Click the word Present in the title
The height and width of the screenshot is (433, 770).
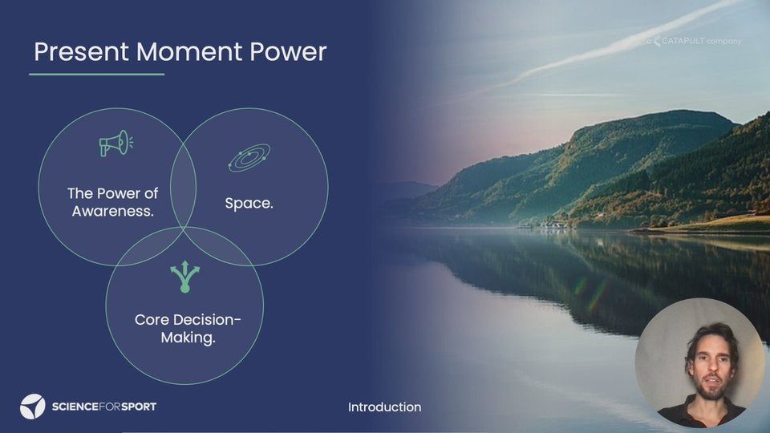(82, 52)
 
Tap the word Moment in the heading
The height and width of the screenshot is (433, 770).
(189, 51)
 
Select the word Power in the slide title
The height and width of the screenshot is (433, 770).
(288, 51)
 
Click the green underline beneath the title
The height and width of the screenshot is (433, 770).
(97, 74)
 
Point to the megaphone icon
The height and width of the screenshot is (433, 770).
(115, 144)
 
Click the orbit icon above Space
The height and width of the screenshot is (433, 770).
(249, 157)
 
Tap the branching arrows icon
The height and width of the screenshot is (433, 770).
(184, 277)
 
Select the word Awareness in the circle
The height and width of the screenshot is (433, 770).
(113, 211)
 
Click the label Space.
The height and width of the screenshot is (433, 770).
(249, 203)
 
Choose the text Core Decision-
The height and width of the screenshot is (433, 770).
(188, 320)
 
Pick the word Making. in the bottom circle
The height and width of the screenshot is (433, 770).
(188, 338)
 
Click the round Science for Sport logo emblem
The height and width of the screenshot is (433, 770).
(32, 407)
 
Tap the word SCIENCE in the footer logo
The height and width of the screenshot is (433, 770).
(75, 407)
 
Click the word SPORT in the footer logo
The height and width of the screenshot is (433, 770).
(139, 407)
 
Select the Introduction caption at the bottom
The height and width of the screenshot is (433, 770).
(384, 407)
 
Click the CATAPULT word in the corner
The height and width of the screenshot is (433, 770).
(683, 41)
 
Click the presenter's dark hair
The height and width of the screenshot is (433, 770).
(711, 338)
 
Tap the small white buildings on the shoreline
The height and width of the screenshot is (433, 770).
(553, 225)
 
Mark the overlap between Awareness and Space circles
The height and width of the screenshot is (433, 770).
(183, 187)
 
